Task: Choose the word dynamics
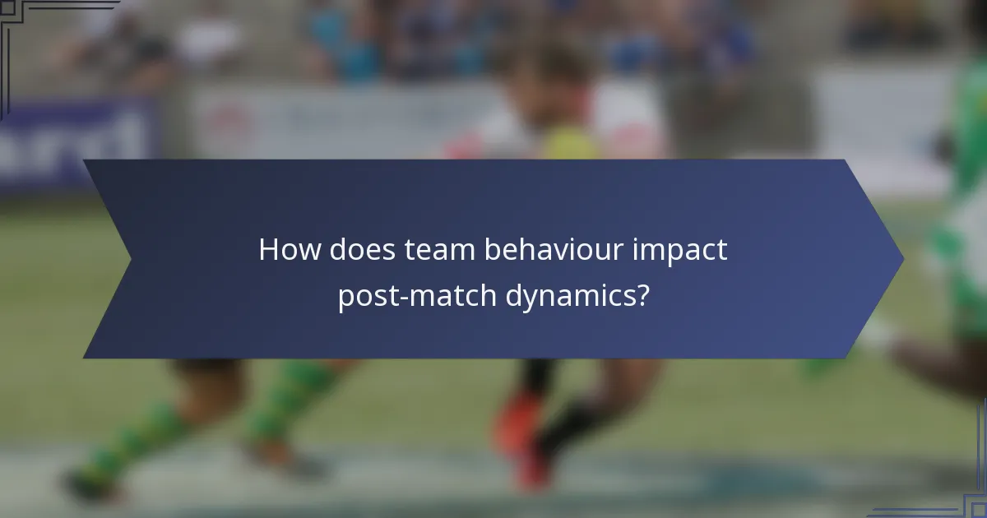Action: (563, 296)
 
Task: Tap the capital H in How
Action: (269, 250)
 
